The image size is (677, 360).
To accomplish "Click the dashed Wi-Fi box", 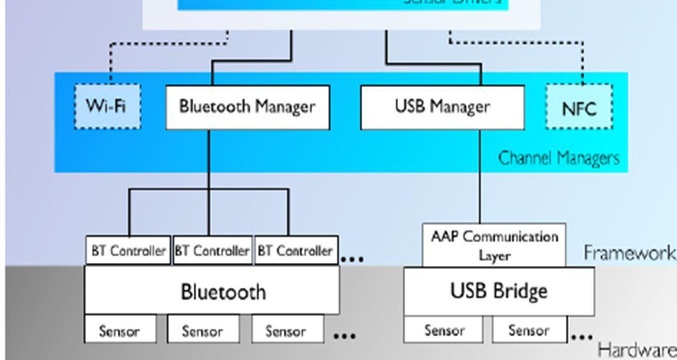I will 108,106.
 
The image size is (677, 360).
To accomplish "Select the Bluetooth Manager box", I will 248,107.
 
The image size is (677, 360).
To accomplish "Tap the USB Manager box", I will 442,107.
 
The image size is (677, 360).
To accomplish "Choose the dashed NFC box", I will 579,107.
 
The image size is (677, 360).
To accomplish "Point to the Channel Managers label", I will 559,158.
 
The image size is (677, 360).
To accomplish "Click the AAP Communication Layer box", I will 494,245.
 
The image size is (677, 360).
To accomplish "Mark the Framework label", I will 629,253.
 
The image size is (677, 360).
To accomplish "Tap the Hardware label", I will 636,350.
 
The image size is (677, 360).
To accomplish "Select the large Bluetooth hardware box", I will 212,292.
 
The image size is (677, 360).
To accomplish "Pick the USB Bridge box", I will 498,291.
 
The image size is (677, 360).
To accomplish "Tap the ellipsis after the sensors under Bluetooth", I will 345,336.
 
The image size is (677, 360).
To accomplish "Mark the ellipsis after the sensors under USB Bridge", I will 582,336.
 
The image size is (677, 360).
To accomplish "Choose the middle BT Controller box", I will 212,251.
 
